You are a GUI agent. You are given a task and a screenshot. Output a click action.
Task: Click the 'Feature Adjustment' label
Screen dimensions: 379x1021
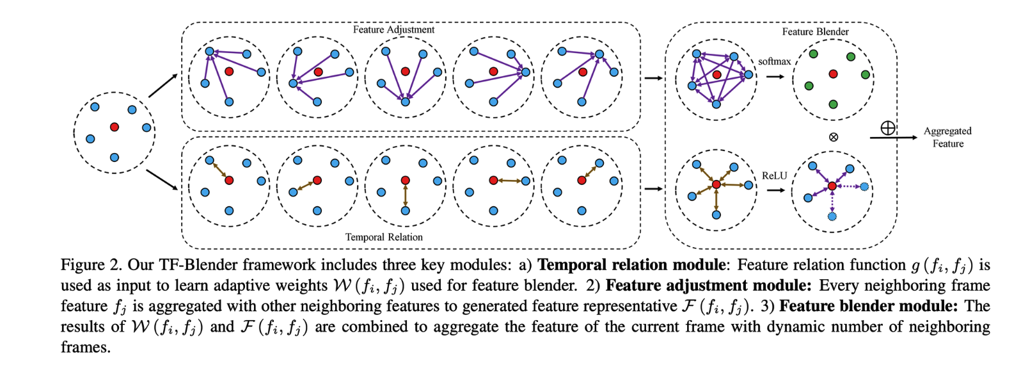[x=393, y=29]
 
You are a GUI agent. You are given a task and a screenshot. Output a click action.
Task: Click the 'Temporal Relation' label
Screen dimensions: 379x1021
[x=384, y=237]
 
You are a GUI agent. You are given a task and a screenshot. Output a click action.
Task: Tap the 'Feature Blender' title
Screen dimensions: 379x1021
[x=815, y=31]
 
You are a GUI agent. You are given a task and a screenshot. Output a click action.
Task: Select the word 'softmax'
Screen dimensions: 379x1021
[x=774, y=61]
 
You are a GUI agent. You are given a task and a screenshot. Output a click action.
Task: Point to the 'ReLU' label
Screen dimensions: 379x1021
[x=774, y=175]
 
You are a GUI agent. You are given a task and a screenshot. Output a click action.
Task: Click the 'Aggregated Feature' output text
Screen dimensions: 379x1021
[x=947, y=137]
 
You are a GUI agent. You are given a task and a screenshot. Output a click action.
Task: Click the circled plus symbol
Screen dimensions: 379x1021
[x=887, y=128]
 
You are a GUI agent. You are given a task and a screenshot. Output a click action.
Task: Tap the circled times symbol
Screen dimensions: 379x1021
[x=833, y=137]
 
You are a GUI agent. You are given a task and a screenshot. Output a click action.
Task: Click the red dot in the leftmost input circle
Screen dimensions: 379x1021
[x=115, y=127]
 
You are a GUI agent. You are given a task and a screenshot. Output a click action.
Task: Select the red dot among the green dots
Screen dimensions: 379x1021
[x=833, y=74]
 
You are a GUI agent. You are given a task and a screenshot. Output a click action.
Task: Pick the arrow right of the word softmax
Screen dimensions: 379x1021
[x=775, y=76]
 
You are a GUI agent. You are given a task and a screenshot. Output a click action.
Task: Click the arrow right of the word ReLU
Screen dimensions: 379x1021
[x=775, y=189]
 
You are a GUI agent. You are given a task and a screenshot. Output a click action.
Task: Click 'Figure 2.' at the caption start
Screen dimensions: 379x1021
[x=91, y=265]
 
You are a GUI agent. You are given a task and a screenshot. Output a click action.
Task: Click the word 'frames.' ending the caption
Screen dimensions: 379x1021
[x=85, y=348]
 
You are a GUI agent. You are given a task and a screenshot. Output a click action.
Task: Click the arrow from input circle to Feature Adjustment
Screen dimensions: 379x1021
[x=163, y=85]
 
